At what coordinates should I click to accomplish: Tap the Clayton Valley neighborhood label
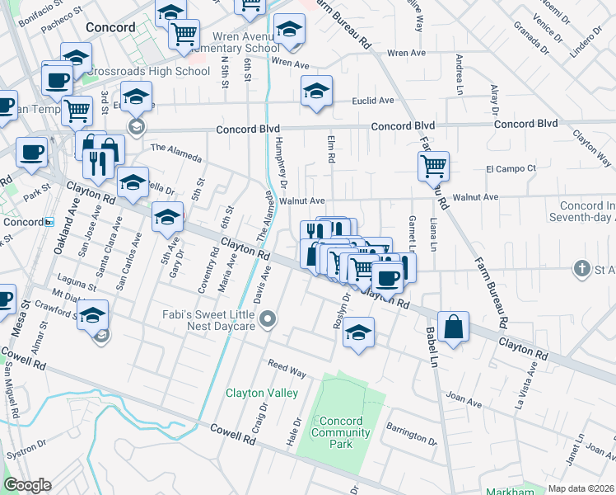[x=262, y=393]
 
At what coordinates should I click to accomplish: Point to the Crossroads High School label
[x=147, y=72]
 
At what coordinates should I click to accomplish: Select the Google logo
[x=27, y=484]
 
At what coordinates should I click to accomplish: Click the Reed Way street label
[x=287, y=369]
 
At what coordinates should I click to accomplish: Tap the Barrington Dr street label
[x=413, y=433]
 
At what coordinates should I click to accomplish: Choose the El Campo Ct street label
[x=511, y=168]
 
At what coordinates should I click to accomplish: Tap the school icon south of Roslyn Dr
[x=358, y=332]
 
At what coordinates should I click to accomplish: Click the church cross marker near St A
[x=582, y=269]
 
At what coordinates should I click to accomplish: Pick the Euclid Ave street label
[x=374, y=101]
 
